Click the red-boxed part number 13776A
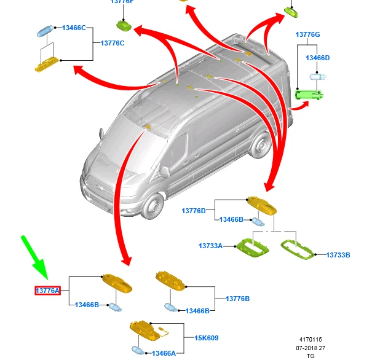[48, 291]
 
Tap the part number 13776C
[113, 42]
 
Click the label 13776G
[307, 34]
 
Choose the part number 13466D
[318, 58]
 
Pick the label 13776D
[194, 211]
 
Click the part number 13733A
[210, 246]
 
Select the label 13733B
[338, 254]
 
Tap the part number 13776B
[238, 299]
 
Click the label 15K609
[207, 337]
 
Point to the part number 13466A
[164, 353]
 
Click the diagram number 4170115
[310, 340]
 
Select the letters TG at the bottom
[310, 356]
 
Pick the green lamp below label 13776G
[310, 94]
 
